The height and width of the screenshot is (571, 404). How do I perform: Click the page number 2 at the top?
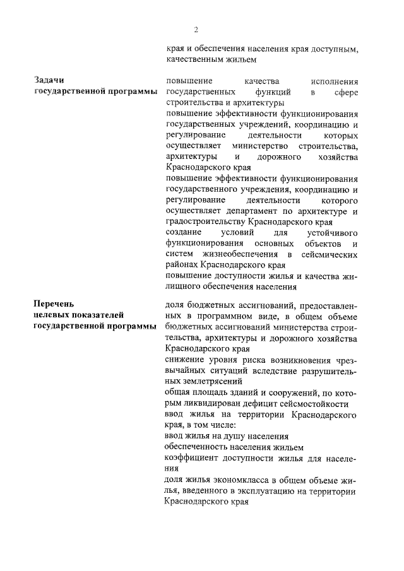[196, 30]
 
